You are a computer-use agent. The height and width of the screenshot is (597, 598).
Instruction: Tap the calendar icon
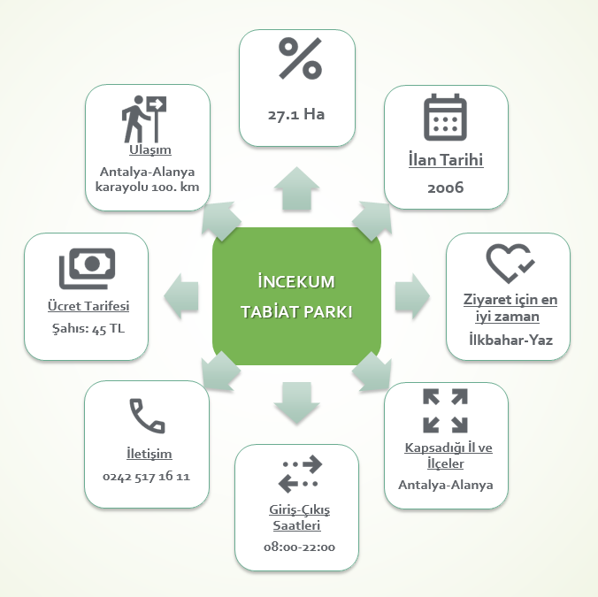445,119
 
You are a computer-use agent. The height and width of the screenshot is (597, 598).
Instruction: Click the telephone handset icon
147,415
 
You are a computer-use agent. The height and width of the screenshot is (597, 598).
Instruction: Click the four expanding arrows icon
445,410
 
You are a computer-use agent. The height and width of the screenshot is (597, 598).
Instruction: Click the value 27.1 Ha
297,114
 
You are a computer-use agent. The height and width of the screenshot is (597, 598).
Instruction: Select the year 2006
445,188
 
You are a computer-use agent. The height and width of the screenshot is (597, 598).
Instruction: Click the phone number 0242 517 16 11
147,477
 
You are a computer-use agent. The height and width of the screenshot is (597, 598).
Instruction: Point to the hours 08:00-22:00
299,547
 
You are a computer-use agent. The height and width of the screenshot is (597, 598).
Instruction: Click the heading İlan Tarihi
446,161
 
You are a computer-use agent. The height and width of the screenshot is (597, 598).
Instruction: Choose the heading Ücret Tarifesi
88,306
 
